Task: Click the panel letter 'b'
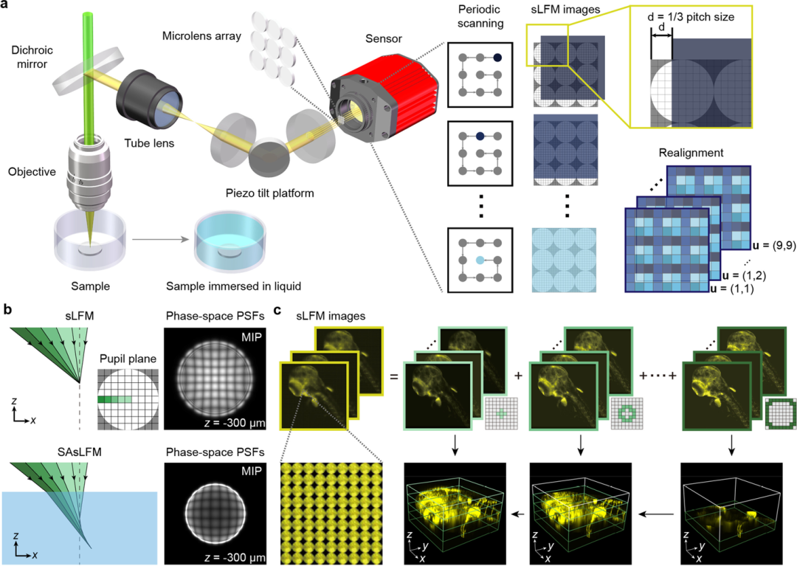pyautogui.click(x=7, y=309)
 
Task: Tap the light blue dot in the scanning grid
pyautogui.click(x=480, y=260)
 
